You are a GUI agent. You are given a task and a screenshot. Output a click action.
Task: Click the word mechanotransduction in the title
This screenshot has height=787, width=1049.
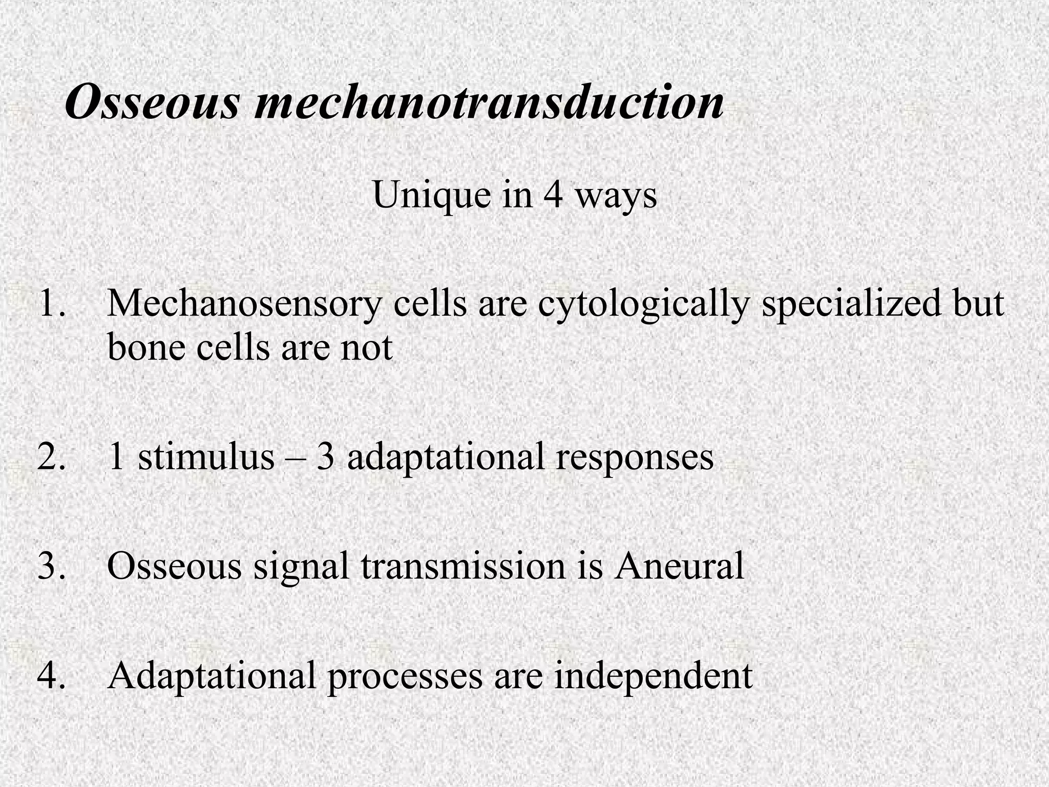coord(489,103)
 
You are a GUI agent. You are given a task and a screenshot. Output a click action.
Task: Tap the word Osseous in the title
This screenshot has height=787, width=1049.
coord(152,103)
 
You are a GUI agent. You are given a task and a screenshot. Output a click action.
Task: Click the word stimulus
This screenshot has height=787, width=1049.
coord(206,457)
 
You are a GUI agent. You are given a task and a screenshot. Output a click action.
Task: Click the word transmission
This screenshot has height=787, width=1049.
coord(463,567)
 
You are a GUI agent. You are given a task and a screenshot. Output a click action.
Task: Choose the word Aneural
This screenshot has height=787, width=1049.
coord(680,567)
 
